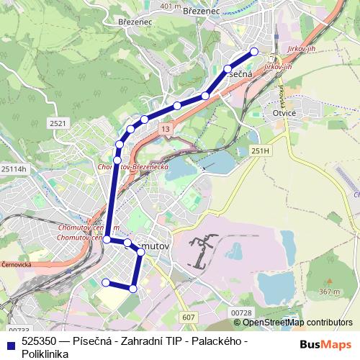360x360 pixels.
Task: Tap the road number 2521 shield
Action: pyautogui.click(x=58, y=124)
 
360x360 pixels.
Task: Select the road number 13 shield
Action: pyautogui.click(x=166, y=129)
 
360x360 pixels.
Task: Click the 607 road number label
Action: pyautogui.click(x=189, y=317)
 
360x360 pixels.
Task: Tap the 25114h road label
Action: pyautogui.click(x=13, y=168)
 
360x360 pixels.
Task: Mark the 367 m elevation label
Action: pyautogui.click(x=329, y=292)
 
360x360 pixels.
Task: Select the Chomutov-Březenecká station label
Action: pyautogui.click(x=132, y=166)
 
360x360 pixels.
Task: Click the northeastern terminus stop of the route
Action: pyautogui.click(x=253, y=51)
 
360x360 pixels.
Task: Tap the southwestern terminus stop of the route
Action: pyautogui.click(x=106, y=282)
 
